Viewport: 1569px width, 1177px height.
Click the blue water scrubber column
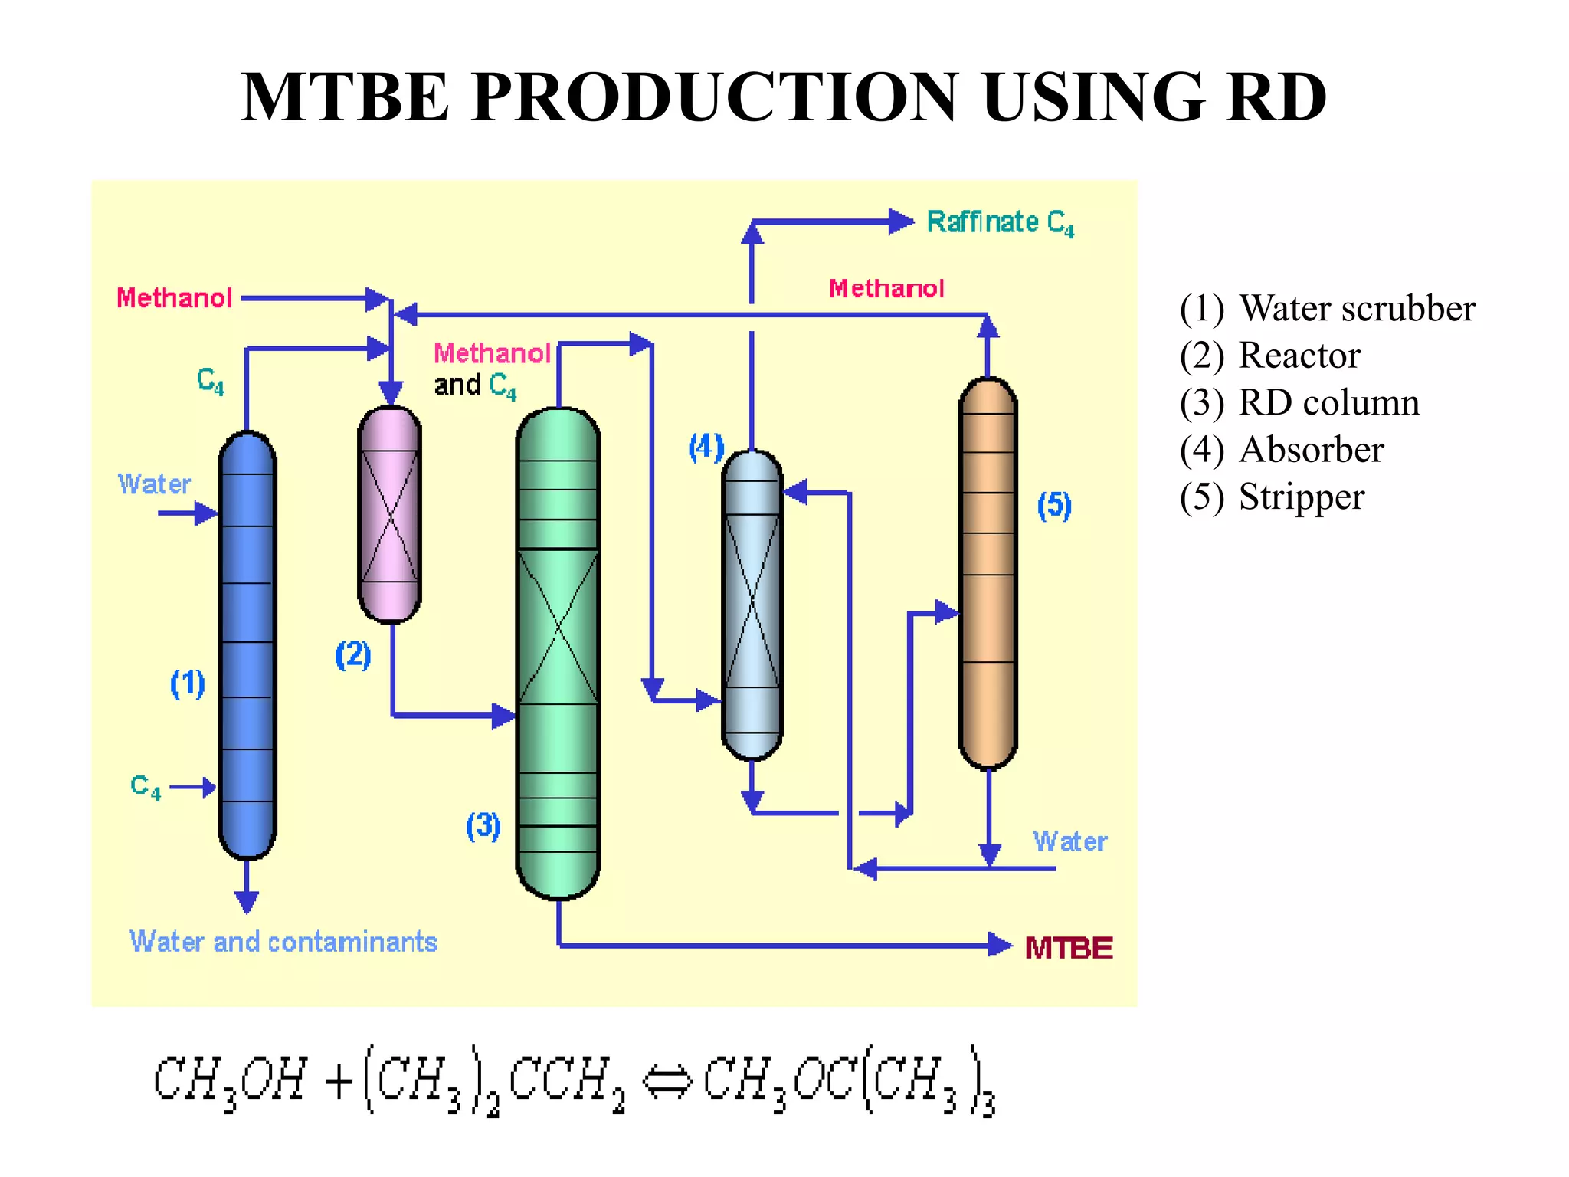pos(247,644)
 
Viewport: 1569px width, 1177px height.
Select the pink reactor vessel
pos(390,513)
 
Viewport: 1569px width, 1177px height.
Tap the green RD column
pos(558,651)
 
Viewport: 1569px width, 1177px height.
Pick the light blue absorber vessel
pos(752,605)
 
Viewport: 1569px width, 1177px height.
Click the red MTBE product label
pos(1068,948)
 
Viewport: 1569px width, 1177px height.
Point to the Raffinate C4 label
pos(1000,222)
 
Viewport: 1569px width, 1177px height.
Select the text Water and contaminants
pos(283,941)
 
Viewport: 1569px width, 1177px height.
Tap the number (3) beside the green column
pos(483,826)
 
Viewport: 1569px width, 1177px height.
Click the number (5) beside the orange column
pos(1054,505)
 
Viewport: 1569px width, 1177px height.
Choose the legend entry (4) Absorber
pos(1282,450)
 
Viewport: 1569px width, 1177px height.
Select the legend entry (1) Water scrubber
pos(1326,309)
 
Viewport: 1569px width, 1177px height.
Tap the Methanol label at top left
pos(174,298)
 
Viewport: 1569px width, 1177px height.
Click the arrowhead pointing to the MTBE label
pos(999,945)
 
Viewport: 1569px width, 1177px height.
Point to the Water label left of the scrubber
pos(154,484)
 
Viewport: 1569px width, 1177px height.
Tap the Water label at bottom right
pos(1069,841)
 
